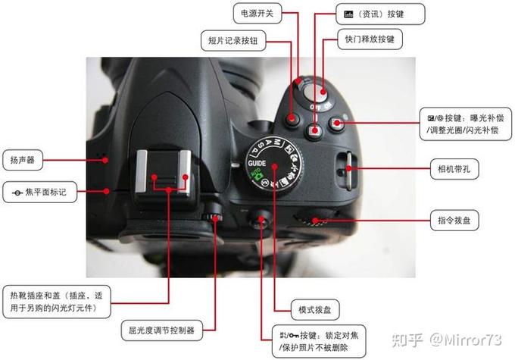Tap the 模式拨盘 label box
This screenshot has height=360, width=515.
click(x=316, y=309)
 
